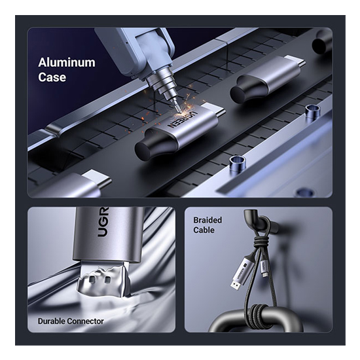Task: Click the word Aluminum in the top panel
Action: point(67,62)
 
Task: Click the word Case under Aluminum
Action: point(52,77)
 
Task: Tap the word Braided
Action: point(207,220)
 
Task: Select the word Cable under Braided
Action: point(204,230)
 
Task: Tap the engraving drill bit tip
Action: point(177,111)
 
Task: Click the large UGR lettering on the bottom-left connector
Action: point(102,222)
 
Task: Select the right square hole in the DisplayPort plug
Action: point(108,279)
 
